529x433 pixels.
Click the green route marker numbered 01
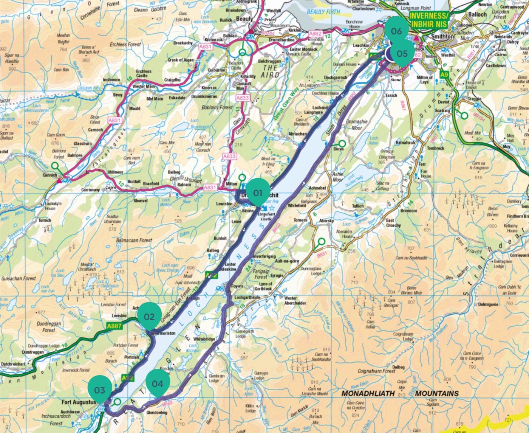258,193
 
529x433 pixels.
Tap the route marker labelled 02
149,317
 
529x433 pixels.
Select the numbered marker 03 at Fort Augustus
100,390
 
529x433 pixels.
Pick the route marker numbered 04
158,383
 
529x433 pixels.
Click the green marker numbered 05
402,53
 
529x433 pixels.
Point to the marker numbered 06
396,31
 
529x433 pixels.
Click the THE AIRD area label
271,71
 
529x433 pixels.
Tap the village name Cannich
49,175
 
